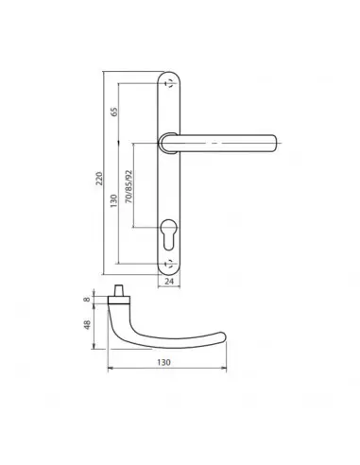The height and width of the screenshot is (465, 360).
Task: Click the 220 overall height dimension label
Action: (x=99, y=179)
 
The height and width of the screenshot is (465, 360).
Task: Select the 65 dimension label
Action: (x=114, y=112)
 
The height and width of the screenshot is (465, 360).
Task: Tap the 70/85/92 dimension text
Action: (x=129, y=186)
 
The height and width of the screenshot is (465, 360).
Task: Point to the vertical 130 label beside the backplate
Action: (x=114, y=200)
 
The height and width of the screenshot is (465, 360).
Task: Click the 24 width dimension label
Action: (x=169, y=282)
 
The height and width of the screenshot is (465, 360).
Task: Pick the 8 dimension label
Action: (x=87, y=299)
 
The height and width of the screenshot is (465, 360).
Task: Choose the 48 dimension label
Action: (x=87, y=324)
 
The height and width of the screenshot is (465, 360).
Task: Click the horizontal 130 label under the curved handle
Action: (x=163, y=362)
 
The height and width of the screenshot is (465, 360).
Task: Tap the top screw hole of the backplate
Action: (x=169, y=83)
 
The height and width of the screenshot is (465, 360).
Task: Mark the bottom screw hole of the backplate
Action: (x=169, y=264)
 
